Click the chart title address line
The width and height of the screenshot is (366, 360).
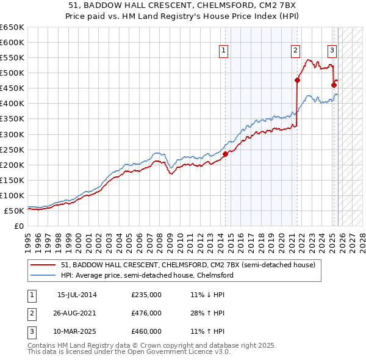click(x=183, y=7)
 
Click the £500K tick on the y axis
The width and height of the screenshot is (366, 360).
click(x=12, y=73)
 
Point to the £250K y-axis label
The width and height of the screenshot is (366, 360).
click(x=12, y=149)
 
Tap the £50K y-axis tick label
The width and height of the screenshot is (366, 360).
click(x=15, y=211)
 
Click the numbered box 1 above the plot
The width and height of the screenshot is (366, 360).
click(x=224, y=51)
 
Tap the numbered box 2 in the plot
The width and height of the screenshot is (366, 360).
click(x=295, y=51)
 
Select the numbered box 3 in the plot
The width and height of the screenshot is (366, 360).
click(x=332, y=51)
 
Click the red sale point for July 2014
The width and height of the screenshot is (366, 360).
click(x=225, y=154)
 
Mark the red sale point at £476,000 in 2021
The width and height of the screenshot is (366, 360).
click(x=298, y=80)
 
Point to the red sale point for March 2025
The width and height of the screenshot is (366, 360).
click(x=334, y=85)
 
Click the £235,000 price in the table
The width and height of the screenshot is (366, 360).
click(x=146, y=295)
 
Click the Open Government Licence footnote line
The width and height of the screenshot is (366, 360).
click(x=129, y=352)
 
